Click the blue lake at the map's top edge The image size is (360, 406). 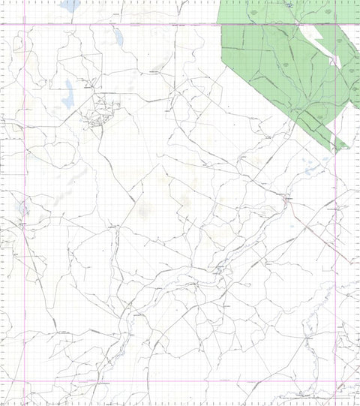coord(70,5)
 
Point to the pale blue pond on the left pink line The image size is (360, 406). coord(23,206)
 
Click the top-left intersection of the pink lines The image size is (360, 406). coord(25,24)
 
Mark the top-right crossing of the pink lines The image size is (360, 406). coord(335,24)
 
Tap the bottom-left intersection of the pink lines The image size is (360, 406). coord(25,381)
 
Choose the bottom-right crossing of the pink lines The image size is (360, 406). coord(335,381)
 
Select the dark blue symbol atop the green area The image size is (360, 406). coord(289,5)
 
